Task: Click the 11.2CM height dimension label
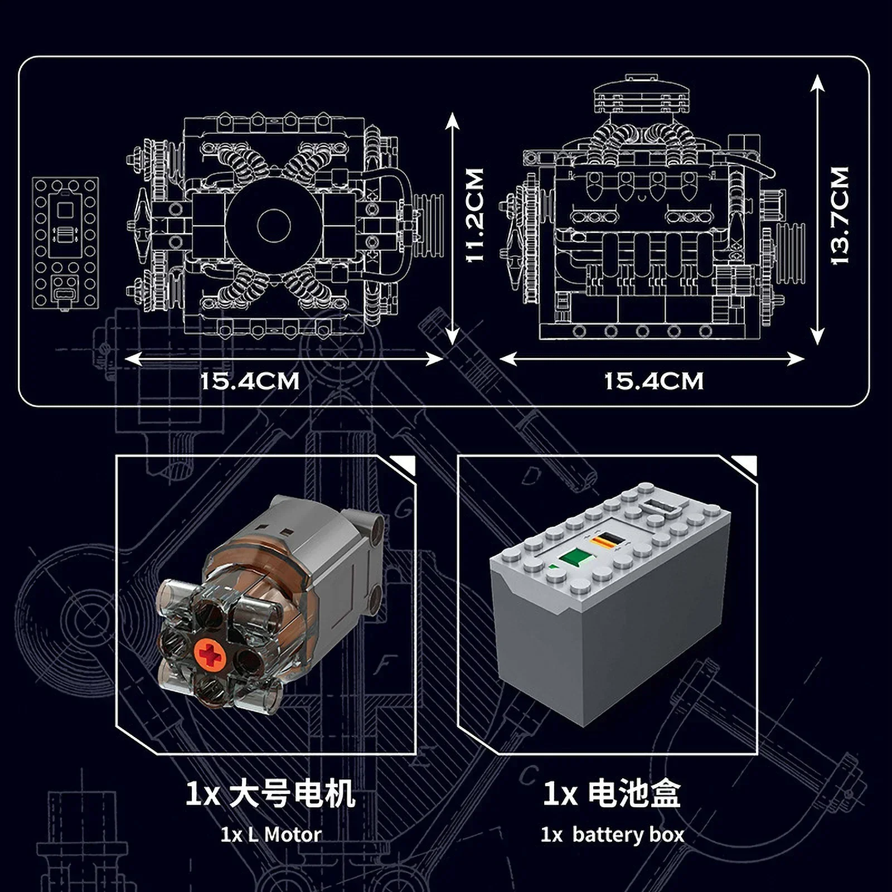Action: [x=474, y=215]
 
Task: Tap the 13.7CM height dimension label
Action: [x=840, y=215]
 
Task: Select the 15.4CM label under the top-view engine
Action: [x=250, y=382]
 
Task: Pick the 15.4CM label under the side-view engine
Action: [x=654, y=382]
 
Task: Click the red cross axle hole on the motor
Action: [x=210, y=655]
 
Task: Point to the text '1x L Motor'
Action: [x=271, y=835]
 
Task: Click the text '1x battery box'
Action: [x=612, y=835]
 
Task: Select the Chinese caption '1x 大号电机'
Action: [x=270, y=793]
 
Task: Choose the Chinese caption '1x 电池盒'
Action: [x=612, y=793]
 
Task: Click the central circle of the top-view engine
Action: [x=274, y=225]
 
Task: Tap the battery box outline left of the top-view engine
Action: [x=66, y=243]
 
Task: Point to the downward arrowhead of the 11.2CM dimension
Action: [x=452, y=337]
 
